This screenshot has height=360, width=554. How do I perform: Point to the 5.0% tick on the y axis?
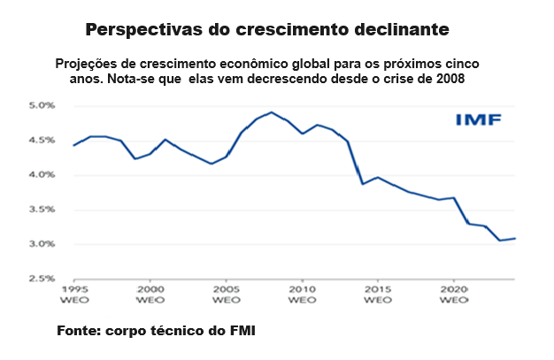pyautogui.click(x=42, y=105)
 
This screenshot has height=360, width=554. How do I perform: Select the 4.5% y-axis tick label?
pyautogui.click(x=42, y=140)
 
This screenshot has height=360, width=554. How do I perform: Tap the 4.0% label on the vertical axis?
pyautogui.click(x=42, y=174)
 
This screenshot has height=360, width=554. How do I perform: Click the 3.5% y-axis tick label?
pyautogui.click(x=42, y=210)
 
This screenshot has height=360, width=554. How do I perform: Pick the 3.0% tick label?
pyautogui.click(x=42, y=244)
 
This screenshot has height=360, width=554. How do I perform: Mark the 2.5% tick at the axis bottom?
pyautogui.click(x=42, y=279)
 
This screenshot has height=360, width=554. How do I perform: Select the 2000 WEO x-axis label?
pyautogui.click(x=150, y=295)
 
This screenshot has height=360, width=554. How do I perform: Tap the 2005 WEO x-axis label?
pyautogui.click(x=227, y=295)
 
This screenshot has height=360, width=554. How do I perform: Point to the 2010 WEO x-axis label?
pyautogui.click(x=303, y=295)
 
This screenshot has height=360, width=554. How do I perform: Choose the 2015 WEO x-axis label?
pyautogui.click(x=379, y=295)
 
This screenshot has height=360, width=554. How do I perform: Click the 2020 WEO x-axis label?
pyautogui.click(x=455, y=295)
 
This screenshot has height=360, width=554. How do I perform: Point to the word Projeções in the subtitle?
pyautogui.click(x=89, y=64)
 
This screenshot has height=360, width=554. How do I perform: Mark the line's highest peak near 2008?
pyautogui.click(x=272, y=112)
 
